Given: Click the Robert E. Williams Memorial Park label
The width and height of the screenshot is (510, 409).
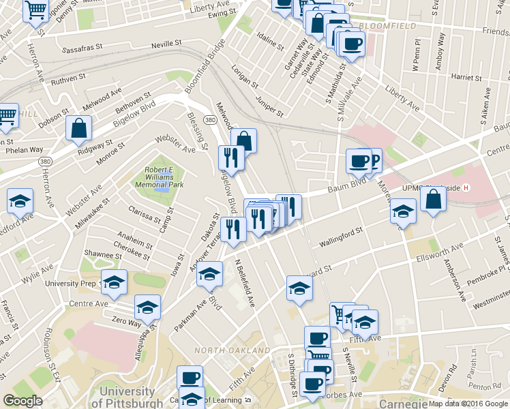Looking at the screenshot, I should (x=164, y=179).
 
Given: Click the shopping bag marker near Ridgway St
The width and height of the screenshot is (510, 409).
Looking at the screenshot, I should (x=79, y=127).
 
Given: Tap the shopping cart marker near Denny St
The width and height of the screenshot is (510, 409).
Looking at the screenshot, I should (x=35, y=10).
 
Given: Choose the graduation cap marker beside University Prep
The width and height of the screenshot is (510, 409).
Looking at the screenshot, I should (x=114, y=282).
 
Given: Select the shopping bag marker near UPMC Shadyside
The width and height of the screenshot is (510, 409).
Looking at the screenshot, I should (x=433, y=200).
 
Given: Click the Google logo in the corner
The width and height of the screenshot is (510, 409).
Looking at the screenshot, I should (x=22, y=401).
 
